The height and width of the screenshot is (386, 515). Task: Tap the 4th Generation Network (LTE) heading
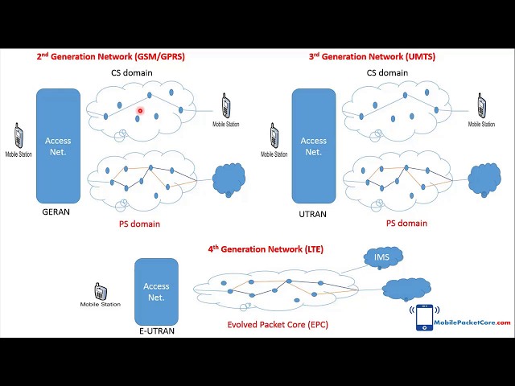click(266, 249)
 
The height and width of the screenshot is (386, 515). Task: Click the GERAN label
click(56, 212)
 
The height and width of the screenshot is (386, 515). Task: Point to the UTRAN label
click(313, 212)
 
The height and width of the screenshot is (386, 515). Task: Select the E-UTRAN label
click(156, 331)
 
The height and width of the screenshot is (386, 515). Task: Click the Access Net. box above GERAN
click(58, 146)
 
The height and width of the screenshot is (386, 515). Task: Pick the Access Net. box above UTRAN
click(313, 146)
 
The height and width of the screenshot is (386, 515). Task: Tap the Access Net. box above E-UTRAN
click(156, 291)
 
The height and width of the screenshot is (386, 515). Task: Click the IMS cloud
click(382, 257)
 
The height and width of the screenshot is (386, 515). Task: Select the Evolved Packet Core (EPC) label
click(278, 325)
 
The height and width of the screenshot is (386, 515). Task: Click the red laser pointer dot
click(140, 112)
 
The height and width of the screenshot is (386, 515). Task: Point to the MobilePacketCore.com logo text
click(472, 322)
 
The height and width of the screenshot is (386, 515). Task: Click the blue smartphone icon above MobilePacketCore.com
click(423, 317)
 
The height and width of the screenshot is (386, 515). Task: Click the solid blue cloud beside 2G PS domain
click(229, 179)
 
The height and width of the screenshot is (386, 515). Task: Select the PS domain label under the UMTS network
click(406, 224)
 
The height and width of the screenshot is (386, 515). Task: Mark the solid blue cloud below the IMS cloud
click(406, 289)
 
